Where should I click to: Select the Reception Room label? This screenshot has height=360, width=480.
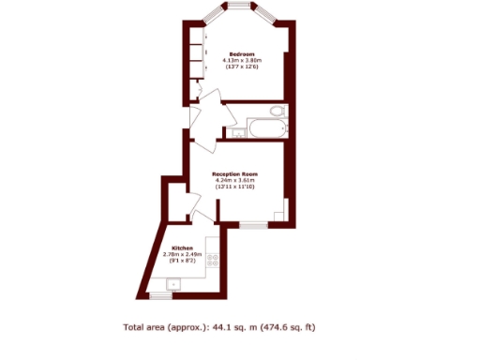pyautogui.click(x=234, y=174)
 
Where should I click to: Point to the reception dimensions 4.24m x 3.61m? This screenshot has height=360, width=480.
pyautogui.click(x=234, y=181)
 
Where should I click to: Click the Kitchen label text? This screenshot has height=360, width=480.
pyautogui.click(x=183, y=247)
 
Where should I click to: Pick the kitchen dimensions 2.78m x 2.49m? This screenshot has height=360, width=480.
pyautogui.click(x=183, y=254)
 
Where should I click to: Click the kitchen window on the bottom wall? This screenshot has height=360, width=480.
pyautogui.click(x=163, y=296)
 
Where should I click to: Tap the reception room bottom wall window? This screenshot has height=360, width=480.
pyautogui.click(x=251, y=225)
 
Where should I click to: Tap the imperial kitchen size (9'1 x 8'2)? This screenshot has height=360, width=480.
pyautogui.click(x=183, y=261)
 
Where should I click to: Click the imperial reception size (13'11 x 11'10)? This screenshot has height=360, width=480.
pyautogui.click(x=234, y=187)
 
